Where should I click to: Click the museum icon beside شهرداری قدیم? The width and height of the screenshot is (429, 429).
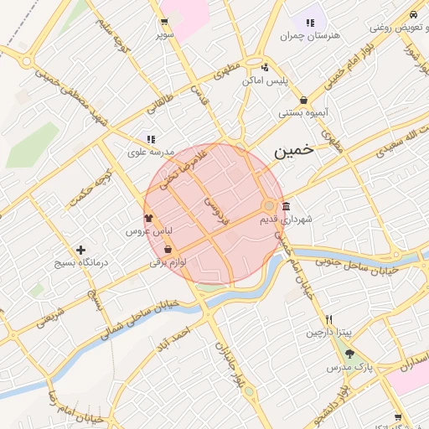point(287,207)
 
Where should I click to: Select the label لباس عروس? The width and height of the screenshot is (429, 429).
point(148,230)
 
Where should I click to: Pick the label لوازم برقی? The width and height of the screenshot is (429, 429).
point(168,262)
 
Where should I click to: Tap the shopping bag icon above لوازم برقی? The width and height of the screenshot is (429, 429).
point(168,250)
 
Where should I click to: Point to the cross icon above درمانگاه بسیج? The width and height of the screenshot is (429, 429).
point(80,250)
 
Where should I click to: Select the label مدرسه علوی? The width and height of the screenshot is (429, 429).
point(150,152)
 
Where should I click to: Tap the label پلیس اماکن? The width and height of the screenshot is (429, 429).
point(265,80)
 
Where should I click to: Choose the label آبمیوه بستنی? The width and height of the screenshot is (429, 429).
point(302,111)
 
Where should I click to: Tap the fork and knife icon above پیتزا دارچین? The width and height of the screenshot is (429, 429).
point(330,319)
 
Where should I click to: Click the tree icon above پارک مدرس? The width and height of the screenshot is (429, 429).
point(349,354)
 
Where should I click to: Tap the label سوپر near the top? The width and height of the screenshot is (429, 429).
point(164,35)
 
